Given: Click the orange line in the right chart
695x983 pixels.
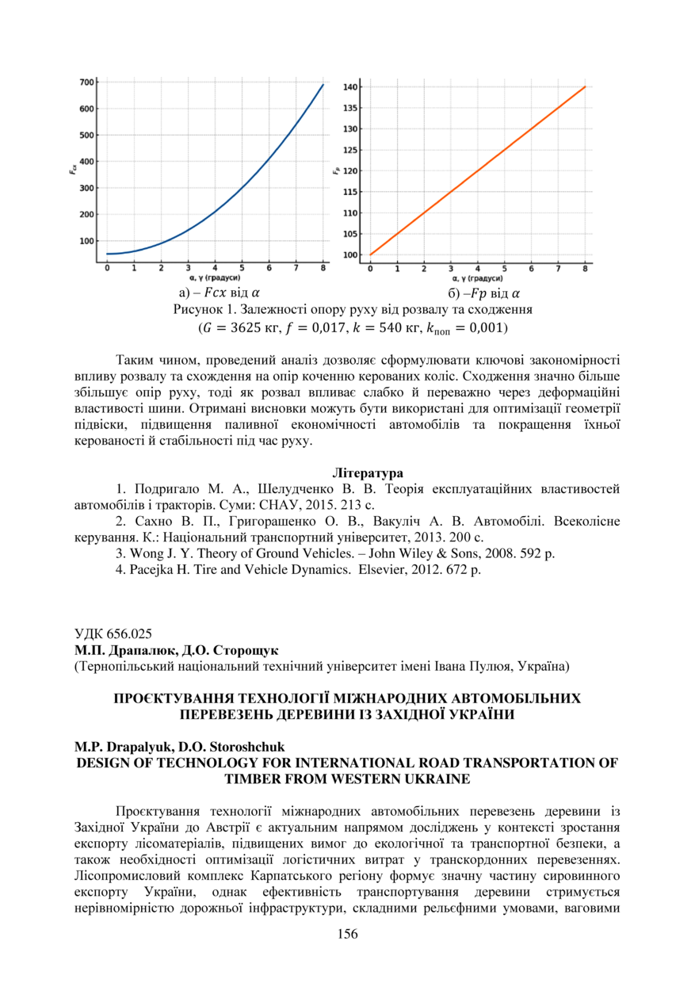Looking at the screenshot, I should pos(478,170).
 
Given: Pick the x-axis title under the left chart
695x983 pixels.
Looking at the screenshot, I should pos(216,278).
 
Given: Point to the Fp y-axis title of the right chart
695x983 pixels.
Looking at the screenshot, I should pos(337,170).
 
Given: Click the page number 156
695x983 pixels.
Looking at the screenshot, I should pos(347,934).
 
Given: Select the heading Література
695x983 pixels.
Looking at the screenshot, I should pos(347,473).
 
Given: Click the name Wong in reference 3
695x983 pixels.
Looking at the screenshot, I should pos(147,553).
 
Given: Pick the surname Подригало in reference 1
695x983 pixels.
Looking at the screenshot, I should pos(162,489).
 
